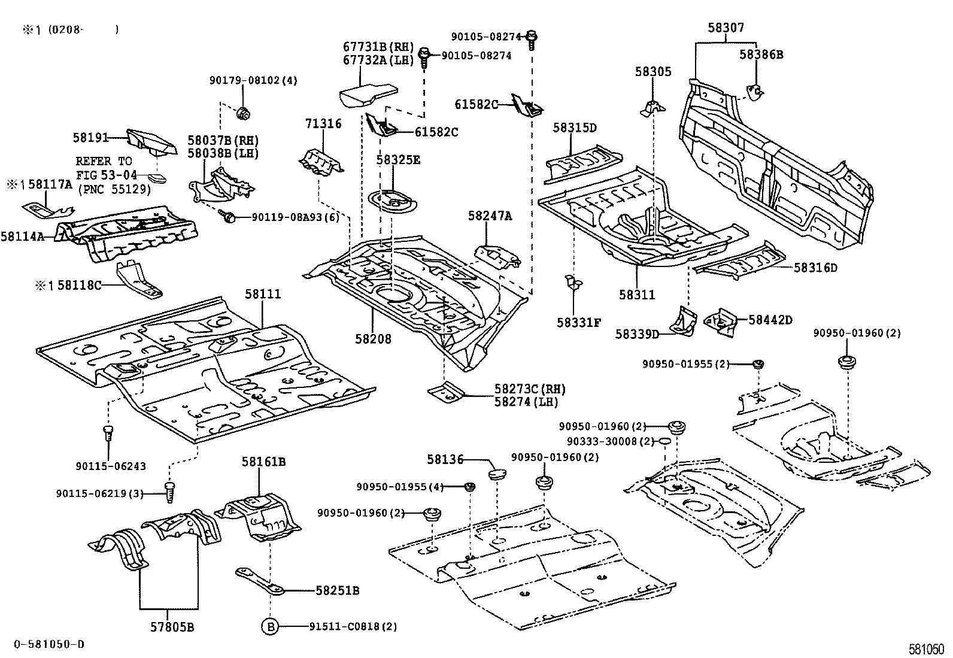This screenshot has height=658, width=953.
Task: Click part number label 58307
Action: tap(726, 28)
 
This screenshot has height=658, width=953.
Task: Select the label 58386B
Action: tap(760, 54)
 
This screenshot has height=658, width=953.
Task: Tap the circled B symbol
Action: tap(269, 627)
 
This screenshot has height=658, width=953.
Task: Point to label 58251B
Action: tap(337, 590)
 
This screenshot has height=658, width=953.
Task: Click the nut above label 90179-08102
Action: tap(243, 112)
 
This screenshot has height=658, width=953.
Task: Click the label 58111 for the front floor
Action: tap(262, 295)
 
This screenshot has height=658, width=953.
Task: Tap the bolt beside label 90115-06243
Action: tap(108, 432)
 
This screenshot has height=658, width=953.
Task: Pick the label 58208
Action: tap(372, 339)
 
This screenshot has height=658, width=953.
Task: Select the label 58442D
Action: tap(770, 320)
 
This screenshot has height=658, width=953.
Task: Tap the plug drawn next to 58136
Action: tap(497, 475)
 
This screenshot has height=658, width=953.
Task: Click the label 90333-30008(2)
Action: tap(610, 441)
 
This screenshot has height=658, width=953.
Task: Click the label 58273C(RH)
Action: tap(529, 389)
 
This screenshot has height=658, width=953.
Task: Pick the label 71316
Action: tap(323, 124)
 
